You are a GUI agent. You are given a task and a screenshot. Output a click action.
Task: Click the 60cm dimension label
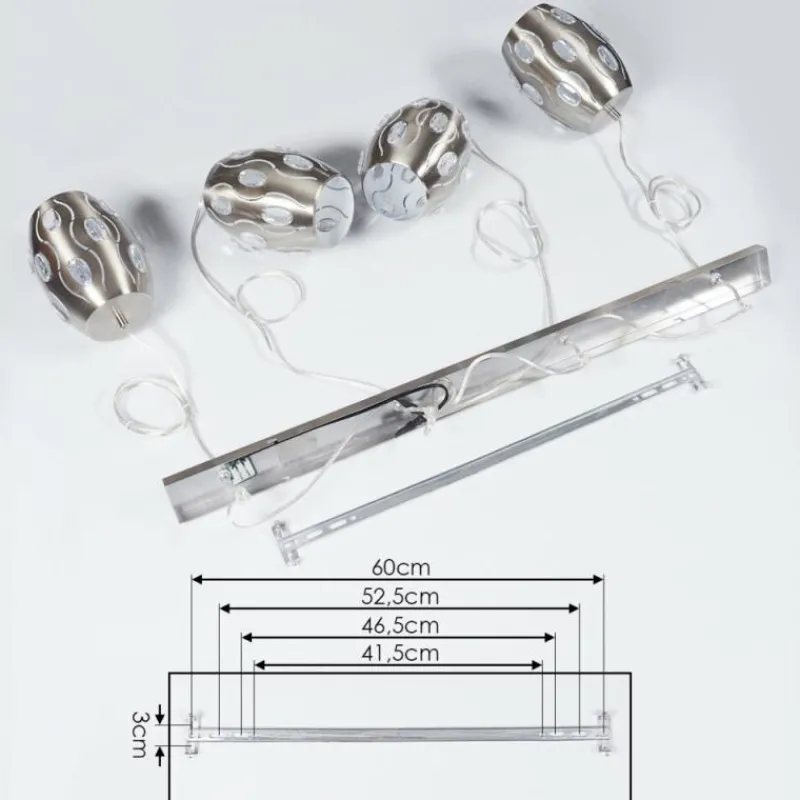401,567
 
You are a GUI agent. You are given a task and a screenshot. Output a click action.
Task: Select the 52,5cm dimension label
400,596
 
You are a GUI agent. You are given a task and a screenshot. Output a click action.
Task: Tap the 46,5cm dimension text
400,626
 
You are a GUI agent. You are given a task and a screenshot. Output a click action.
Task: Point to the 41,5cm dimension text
400,654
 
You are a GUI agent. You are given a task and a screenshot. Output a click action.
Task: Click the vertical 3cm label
139,735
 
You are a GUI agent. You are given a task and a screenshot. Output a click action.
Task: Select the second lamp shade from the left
278,199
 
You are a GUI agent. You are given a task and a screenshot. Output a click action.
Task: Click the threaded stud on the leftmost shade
122,319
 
